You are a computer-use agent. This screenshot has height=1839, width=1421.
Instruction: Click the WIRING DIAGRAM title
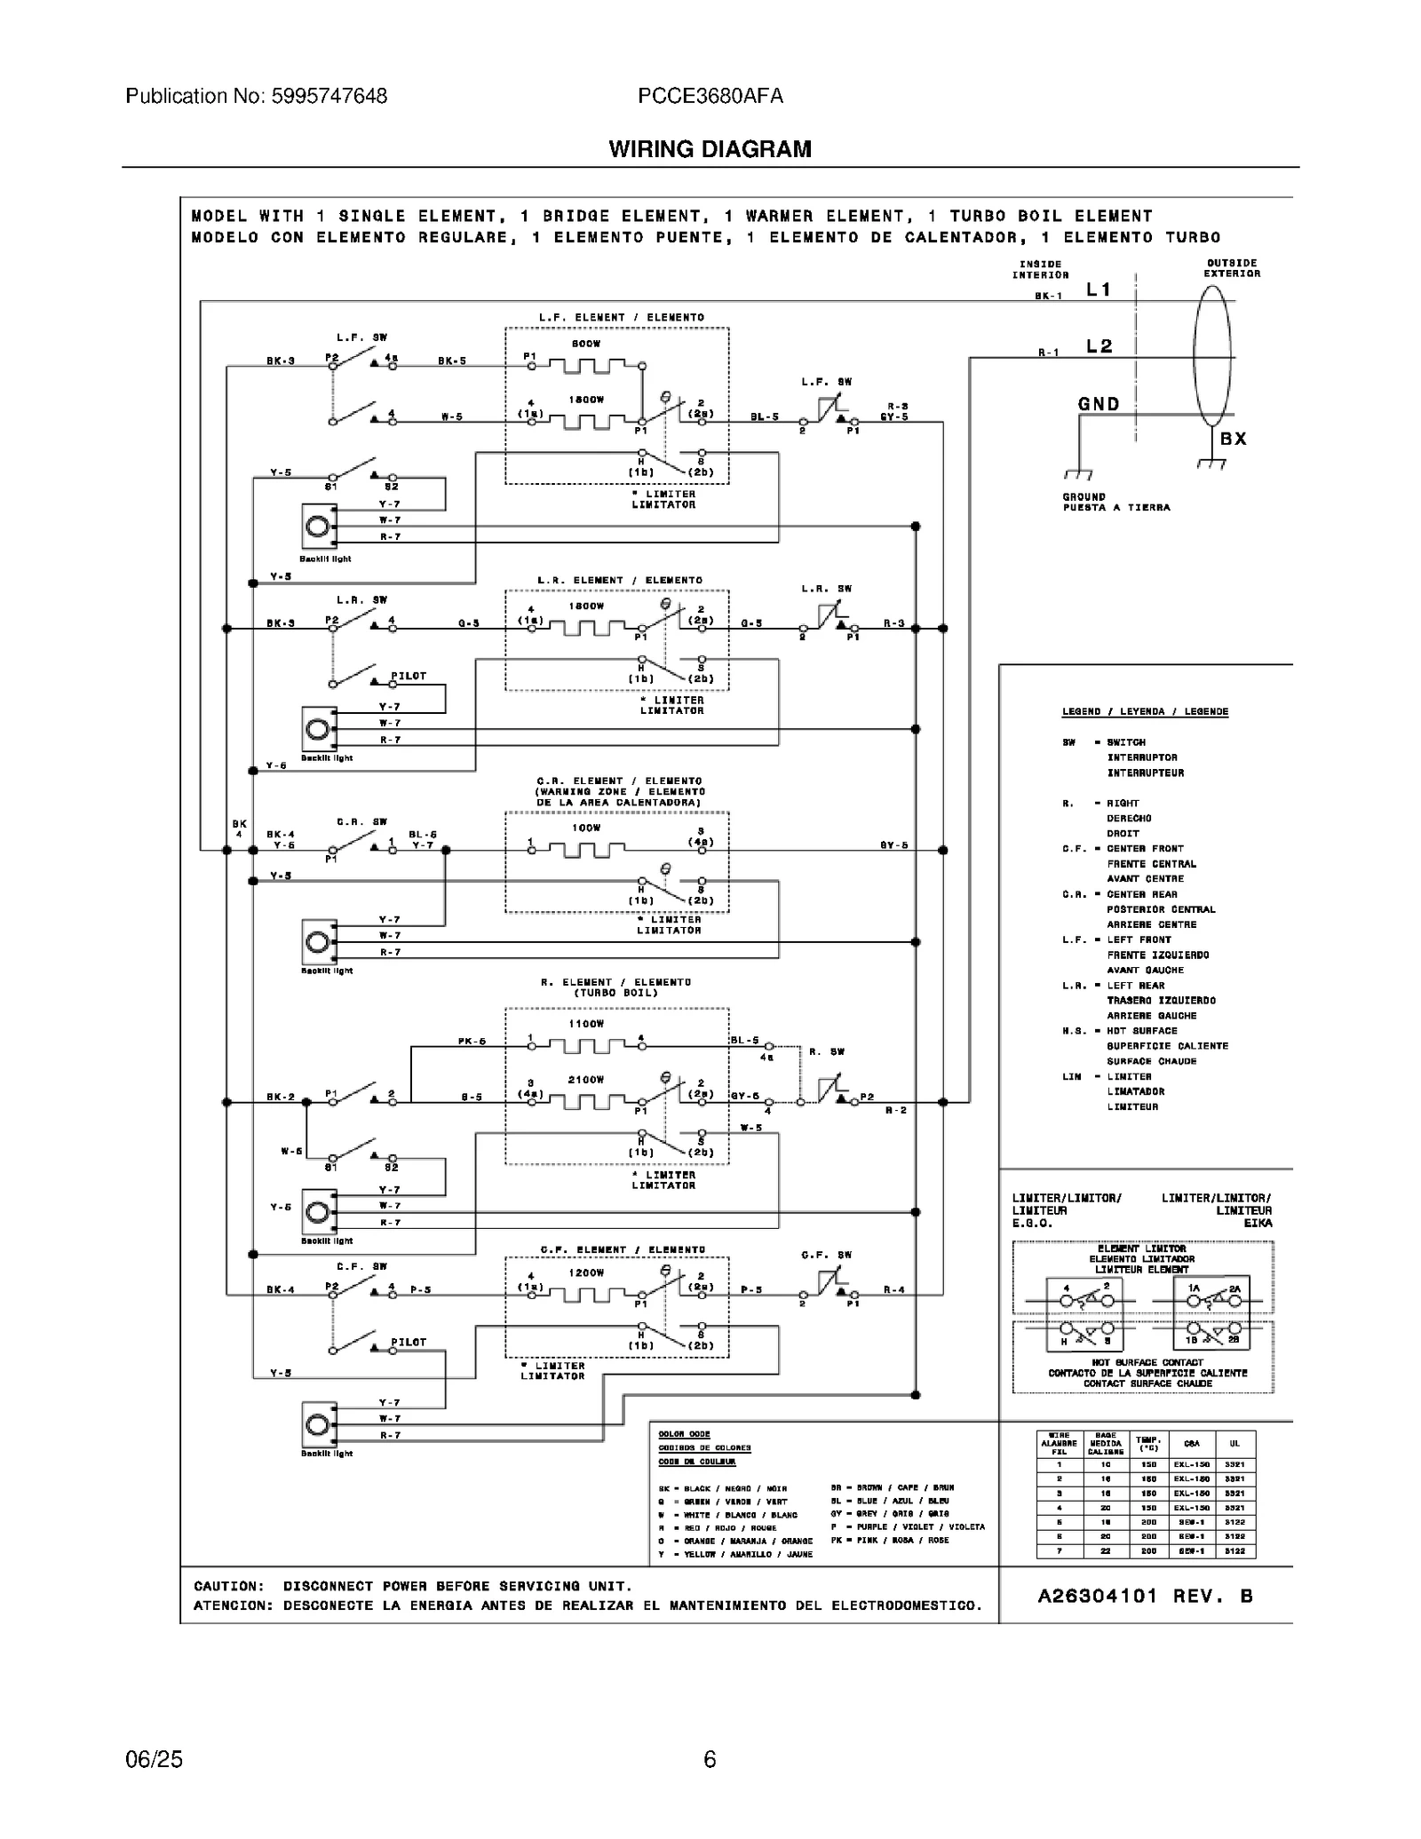click(x=710, y=149)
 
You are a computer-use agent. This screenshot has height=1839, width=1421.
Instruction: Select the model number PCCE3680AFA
click(x=710, y=96)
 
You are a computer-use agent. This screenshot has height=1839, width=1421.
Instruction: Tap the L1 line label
click(x=1099, y=289)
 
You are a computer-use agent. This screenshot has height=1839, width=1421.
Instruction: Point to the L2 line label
click(x=1099, y=346)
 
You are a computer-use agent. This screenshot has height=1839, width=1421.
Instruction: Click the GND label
click(x=1099, y=404)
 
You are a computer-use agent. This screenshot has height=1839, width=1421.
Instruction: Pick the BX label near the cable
click(x=1233, y=439)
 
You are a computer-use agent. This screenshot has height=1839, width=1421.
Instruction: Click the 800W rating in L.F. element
click(x=586, y=344)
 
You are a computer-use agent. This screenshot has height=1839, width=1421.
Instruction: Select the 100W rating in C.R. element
click(x=586, y=828)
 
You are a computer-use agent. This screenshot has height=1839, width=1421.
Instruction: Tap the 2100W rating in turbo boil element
click(x=586, y=1080)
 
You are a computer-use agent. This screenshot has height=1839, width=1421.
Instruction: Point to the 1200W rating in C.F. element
click(x=586, y=1272)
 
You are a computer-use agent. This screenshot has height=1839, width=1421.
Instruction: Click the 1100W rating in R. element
click(x=586, y=1024)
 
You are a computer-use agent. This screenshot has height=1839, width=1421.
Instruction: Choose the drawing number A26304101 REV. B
click(x=1145, y=1596)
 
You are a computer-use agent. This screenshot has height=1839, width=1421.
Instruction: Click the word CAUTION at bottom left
click(x=229, y=1586)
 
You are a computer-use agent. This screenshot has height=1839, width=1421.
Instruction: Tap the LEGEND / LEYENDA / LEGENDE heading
click(x=1145, y=711)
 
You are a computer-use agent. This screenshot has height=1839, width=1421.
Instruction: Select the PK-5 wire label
click(x=472, y=1041)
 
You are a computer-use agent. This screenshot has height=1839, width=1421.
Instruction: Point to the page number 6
click(x=710, y=1759)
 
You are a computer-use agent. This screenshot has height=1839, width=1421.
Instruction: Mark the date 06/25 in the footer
click(x=155, y=1759)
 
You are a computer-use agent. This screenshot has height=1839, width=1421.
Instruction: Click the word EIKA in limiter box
click(x=1258, y=1223)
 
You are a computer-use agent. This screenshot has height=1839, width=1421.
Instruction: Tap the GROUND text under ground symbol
click(x=1084, y=497)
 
